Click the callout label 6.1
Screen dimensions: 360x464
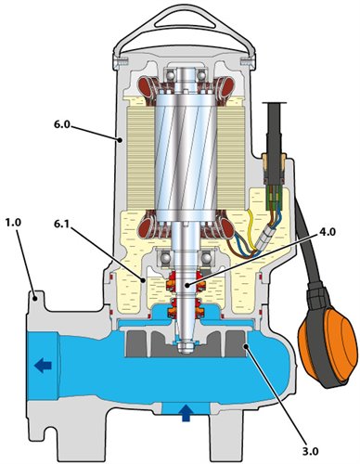pyautogui.click(x=63, y=225)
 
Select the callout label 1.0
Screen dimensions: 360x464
pyautogui.click(x=13, y=223)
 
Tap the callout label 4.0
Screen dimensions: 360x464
pyautogui.click(x=326, y=232)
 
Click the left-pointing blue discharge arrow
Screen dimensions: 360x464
pyautogui.click(x=43, y=367)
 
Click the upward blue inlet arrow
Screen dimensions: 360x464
pyautogui.click(x=186, y=413)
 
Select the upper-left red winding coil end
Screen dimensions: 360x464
pyautogui.click(x=146, y=85)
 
